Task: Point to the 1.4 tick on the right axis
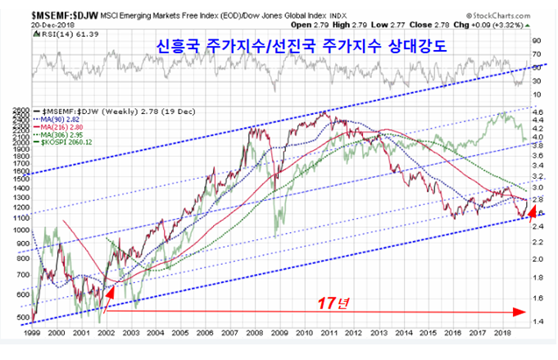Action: [x=537, y=321]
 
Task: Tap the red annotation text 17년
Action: [x=333, y=302]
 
